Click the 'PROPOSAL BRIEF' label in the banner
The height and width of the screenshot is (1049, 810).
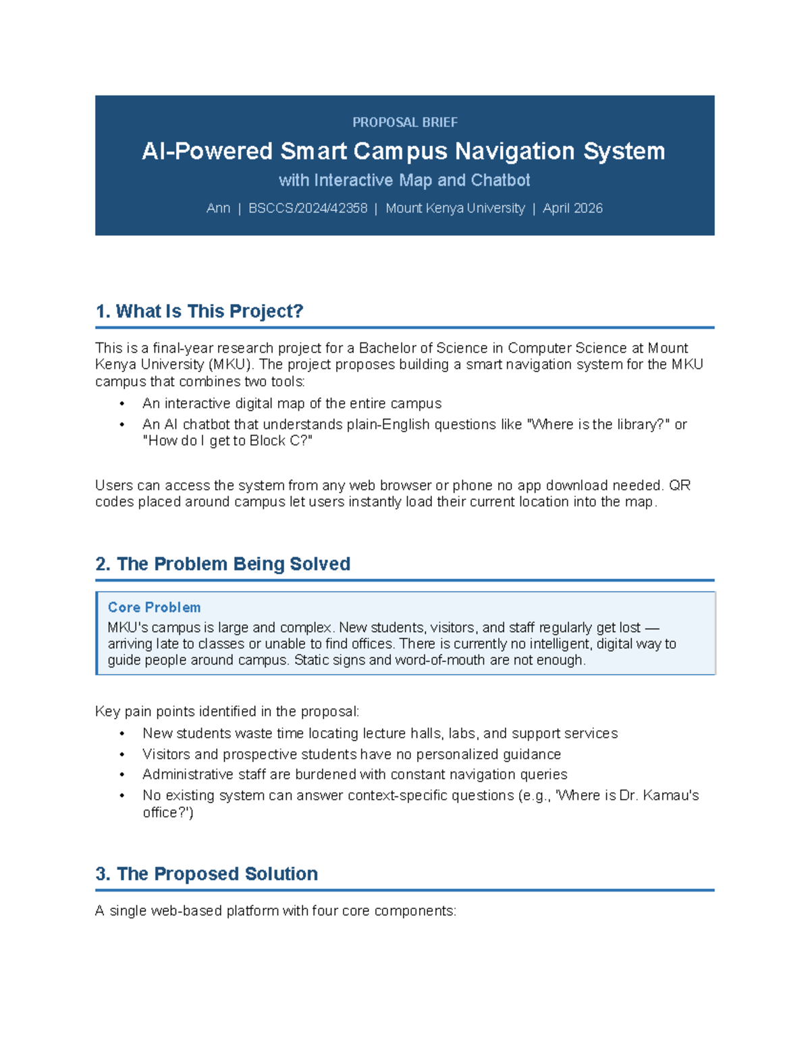pyautogui.click(x=405, y=122)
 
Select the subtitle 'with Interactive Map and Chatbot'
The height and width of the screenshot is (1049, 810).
pyautogui.click(x=404, y=180)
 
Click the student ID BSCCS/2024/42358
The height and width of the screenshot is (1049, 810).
pyautogui.click(x=308, y=208)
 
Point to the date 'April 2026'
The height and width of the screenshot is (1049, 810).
pyautogui.click(x=572, y=208)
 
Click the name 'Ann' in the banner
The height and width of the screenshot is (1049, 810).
pyautogui.click(x=218, y=208)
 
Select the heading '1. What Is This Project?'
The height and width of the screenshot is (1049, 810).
pyautogui.click(x=200, y=311)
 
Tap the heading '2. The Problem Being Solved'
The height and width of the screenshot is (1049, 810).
pyautogui.click(x=223, y=564)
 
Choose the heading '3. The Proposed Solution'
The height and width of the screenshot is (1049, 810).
pyautogui.click(x=207, y=873)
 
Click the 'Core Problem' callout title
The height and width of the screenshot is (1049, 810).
pyautogui.click(x=155, y=607)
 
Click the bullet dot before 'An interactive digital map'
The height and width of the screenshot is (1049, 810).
pyautogui.click(x=122, y=404)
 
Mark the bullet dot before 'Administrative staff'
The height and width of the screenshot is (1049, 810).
pyautogui.click(x=122, y=775)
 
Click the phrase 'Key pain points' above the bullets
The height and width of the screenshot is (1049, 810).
pyautogui.click(x=141, y=711)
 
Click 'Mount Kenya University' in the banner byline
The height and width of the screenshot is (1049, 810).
pyautogui.click(x=455, y=208)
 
